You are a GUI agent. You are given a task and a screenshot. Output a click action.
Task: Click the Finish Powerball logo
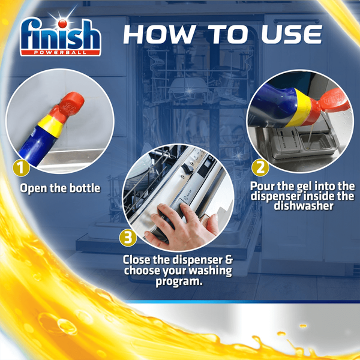click(x=61, y=37)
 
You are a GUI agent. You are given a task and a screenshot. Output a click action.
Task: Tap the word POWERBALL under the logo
click(x=60, y=53)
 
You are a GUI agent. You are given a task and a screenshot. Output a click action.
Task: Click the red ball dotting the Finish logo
click(x=62, y=23)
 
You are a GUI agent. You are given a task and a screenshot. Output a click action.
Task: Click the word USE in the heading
click(x=292, y=34)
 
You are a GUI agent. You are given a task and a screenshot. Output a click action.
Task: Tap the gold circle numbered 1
click(x=21, y=168)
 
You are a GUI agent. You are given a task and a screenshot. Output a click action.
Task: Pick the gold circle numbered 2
click(x=260, y=168)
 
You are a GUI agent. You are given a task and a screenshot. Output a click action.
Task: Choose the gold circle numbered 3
click(x=128, y=238)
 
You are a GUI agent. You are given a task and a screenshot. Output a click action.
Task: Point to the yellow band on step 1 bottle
click(x=51, y=126)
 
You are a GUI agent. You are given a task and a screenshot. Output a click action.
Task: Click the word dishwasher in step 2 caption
click(x=304, y=206)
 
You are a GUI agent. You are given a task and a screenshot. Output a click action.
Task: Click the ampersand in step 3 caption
click(x=228, y=260)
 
